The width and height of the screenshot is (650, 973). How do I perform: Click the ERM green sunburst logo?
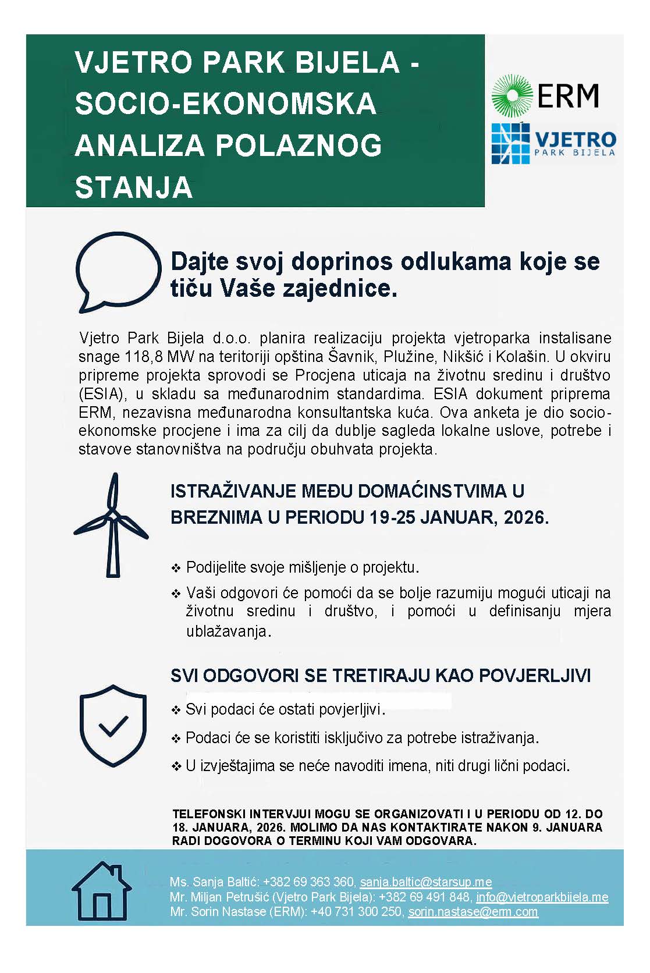coord(512,95)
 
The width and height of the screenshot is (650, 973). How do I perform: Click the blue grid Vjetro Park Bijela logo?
coord(510,143)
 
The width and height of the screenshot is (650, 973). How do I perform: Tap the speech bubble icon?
coord(118,271)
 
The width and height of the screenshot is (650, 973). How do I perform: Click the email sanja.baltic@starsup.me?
coord(425,882)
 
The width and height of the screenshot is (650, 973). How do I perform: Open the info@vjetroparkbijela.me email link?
coord(542,897)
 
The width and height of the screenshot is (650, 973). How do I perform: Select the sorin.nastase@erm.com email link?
coord(473,911)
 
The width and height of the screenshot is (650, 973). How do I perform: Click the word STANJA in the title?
coord(134,187)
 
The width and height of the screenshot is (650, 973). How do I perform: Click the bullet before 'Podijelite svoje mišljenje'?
coord(176,567)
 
